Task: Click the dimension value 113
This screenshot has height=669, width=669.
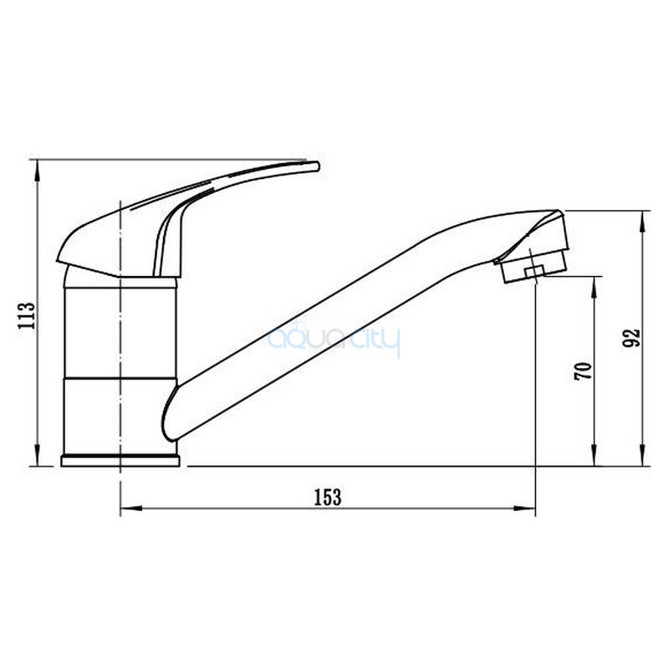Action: pyautogui.click(x=26, y=314)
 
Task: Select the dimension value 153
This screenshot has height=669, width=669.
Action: pyautogui.click(x=328, y=497)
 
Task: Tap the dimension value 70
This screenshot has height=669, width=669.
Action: pyautogui.click(x=583, y=370)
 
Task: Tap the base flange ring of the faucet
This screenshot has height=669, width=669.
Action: pyautogui.click(x=120, y=461)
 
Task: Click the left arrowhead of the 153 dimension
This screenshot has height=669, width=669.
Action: pyautogui.click(x=131, y=508)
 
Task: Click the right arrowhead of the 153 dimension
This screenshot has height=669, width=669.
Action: pyautogui.click(x=524, y=508)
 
